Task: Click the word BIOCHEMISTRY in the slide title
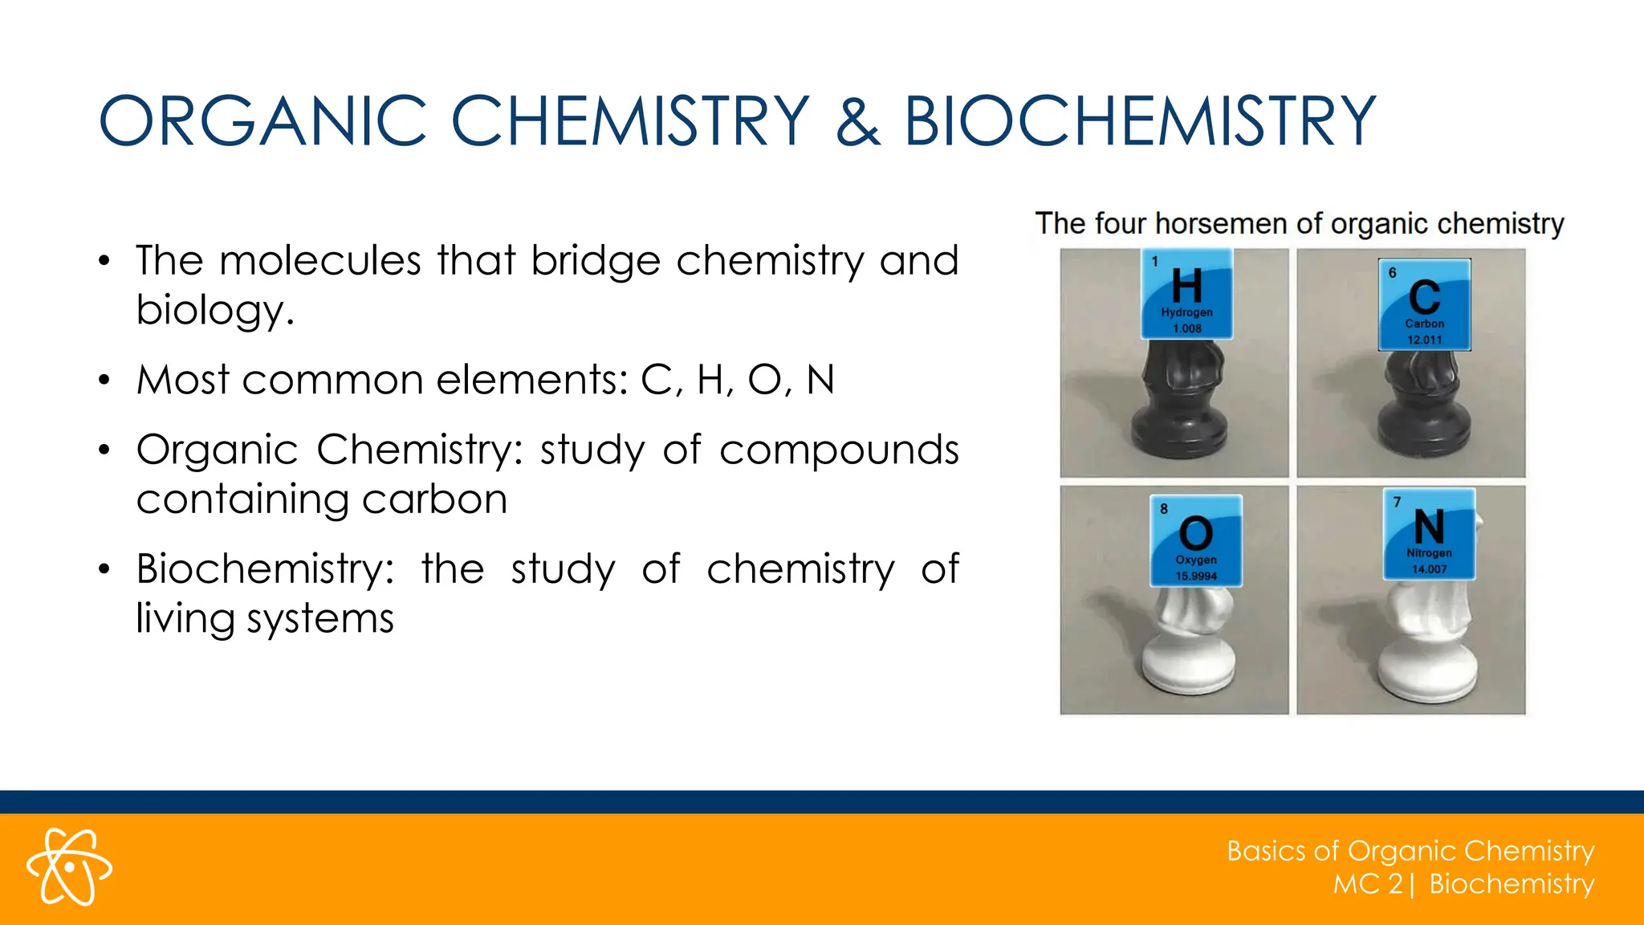(x=1140, y=121)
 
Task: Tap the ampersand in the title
(x=857, y=121)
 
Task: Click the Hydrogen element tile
(x=1187, y=294)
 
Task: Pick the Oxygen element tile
(x=1196, y=540)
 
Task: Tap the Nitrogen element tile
(x=1429, y=534)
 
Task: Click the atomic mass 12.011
(x=1424, y=340)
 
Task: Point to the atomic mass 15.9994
(x=1196, y=576)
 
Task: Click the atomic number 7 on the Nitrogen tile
(x=1398, y=502)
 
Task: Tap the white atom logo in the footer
(x=69, y=867)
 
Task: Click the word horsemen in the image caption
(x=1221, y=223)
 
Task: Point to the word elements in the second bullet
(x=527, y=380)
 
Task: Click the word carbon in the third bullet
(x=434, y=499)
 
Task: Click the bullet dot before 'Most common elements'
(x=104, y=381)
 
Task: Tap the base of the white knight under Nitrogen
(x=1426, y=674)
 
